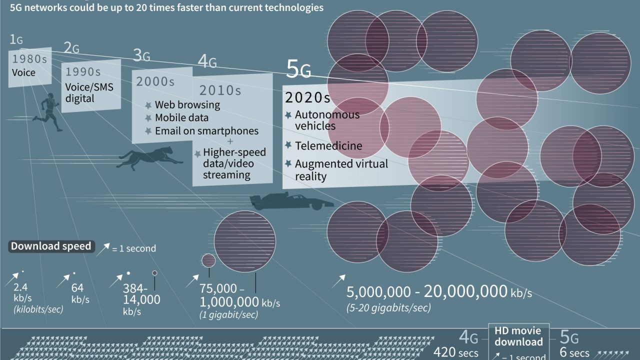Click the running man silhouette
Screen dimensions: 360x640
49,112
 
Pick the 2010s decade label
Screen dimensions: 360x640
220,90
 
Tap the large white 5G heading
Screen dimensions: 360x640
298,69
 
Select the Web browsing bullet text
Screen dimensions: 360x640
187,104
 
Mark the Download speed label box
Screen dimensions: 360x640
51,246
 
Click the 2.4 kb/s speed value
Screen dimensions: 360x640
20,287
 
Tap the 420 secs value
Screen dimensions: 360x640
455,352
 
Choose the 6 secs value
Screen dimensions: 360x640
574,352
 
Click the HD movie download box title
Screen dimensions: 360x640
518,336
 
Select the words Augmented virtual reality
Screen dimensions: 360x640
341,170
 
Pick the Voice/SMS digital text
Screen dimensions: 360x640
89,92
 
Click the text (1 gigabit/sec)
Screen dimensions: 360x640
229,315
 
